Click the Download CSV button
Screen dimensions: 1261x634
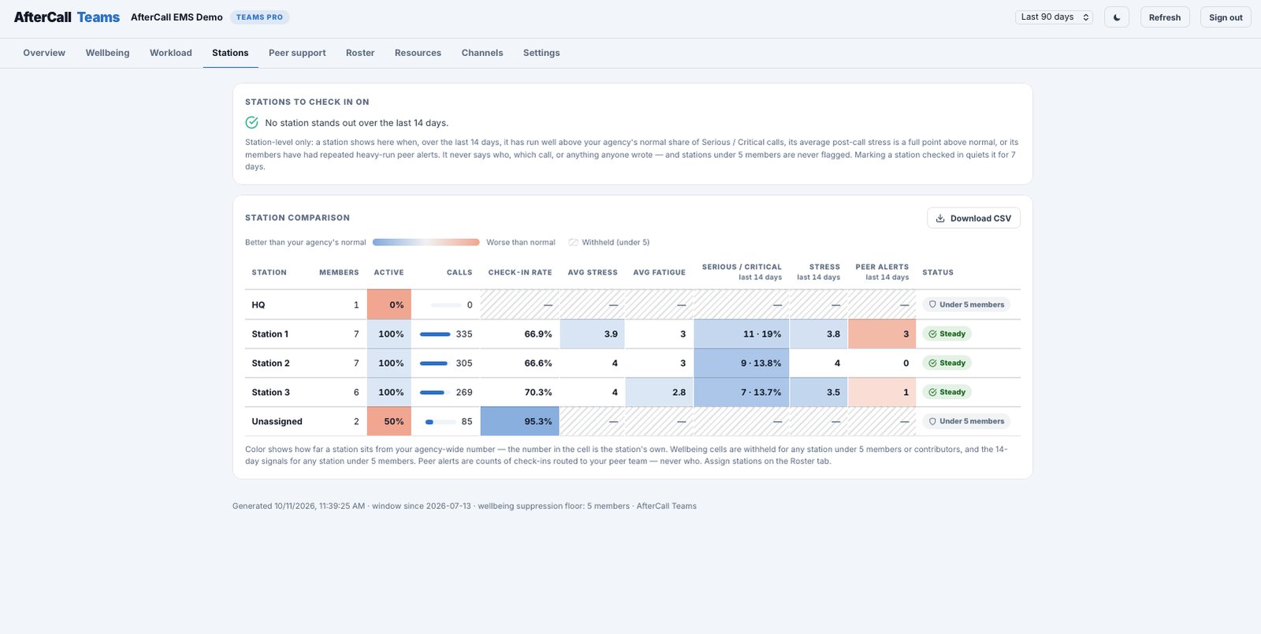point(973,218)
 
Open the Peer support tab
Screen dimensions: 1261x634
point(296,53)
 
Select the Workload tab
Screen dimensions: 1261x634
point(170,53)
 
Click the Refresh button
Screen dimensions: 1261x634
point(1164,17)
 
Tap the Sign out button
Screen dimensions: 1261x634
point(1226,17)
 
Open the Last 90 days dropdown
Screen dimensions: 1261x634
point(1054,17)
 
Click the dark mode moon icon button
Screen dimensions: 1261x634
point(1116,17)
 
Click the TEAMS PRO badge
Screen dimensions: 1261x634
point(259,17)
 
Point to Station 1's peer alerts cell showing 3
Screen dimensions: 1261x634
point(882,334)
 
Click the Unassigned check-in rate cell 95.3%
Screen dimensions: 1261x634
point(519,421)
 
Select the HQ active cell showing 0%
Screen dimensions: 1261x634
point(389,304)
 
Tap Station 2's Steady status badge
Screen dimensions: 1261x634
point(947,364)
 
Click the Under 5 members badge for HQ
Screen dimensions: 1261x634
point(966,304)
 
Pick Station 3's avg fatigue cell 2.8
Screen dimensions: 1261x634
point(659,393)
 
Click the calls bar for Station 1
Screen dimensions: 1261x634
point(435,334)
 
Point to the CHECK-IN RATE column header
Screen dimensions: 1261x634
point(519,273)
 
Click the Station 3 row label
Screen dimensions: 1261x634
point(271,393)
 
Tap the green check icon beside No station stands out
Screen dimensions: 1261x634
point(251,123)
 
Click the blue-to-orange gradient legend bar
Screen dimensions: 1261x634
point(426,242)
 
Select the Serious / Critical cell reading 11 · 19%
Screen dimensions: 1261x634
point(742,334)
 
